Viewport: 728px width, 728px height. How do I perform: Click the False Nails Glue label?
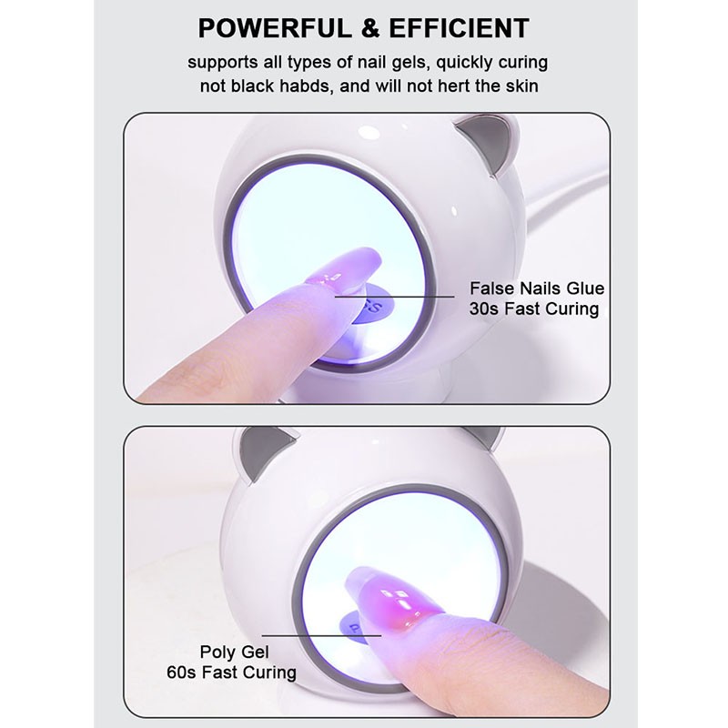click(x=537, y=288)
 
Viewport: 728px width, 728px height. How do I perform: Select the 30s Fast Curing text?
click(x=534, y=309)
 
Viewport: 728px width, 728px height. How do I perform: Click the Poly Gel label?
click(x=237, y=652)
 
